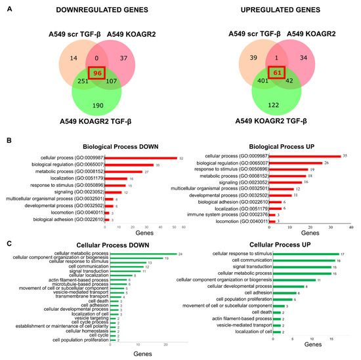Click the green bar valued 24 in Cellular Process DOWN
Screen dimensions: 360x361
tap(141, 254)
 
